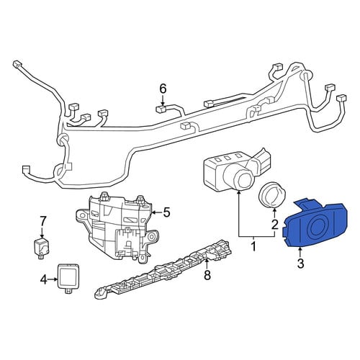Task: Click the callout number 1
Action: click(x=253, y=246)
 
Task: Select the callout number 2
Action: click(x=274, y=225)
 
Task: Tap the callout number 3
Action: click(x=300, y=263)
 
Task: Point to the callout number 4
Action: click(x=43, y=279)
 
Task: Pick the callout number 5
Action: click(x=166, y=212)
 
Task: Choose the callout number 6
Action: click(x=163, y=89)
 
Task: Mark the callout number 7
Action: click(x=42, y=221)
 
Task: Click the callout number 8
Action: click(x=207, y=275)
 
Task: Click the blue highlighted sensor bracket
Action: click(x=315, y=224)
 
